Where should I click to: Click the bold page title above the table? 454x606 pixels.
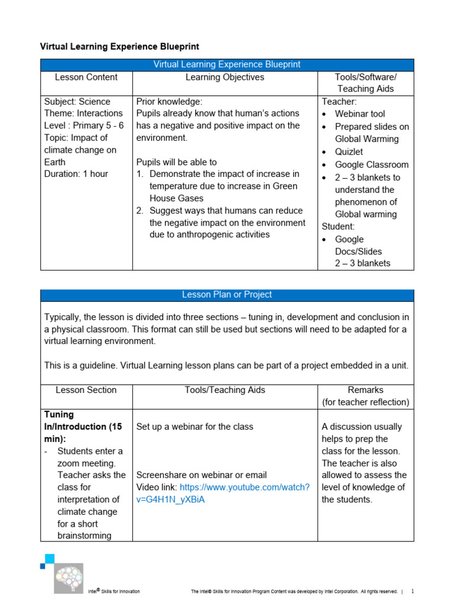pos(119,46)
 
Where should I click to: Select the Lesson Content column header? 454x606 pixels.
pos(86,78)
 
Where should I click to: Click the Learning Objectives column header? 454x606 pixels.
pos(225,78)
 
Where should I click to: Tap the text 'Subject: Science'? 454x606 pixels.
pos(77,102)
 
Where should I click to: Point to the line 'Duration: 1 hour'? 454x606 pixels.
pos(76,174)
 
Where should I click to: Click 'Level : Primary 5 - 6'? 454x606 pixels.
pos(83,125)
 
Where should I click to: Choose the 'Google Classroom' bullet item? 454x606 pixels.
pos(371,165)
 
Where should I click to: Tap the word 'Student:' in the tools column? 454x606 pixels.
pos(338,227)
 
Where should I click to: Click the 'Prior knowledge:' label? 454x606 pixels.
pos(169,102)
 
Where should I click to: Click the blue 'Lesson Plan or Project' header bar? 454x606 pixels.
pos(227,295)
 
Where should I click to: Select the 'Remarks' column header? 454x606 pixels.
pos(365,390)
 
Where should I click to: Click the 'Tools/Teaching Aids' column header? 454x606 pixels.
pos(225,390)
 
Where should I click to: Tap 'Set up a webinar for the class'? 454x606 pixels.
pos(194,427)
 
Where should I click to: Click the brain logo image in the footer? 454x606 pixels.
pos(68,578)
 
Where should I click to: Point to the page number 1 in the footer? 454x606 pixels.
pos(413,591)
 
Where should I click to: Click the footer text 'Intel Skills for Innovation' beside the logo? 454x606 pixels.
pos(114,591)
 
